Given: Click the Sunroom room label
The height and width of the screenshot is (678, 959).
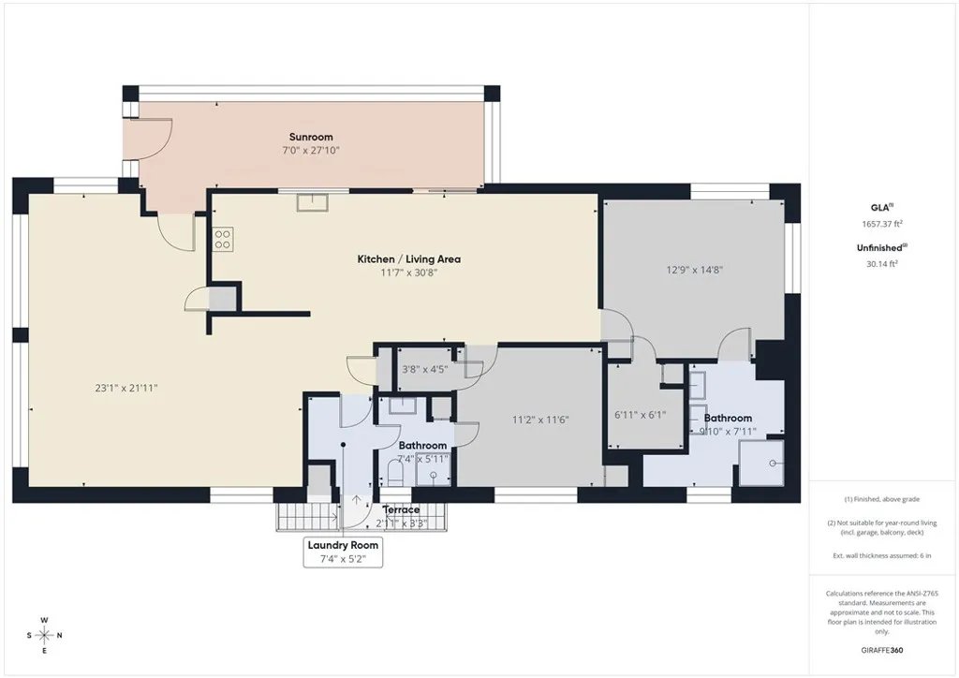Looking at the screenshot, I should (310, 137).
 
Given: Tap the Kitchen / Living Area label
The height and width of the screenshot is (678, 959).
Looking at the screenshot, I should (408, 259).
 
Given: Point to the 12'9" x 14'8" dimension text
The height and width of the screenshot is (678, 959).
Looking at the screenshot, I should (694, 270).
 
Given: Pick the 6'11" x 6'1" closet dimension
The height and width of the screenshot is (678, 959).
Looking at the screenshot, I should (640, 414).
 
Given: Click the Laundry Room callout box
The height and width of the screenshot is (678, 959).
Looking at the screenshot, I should (343, 553).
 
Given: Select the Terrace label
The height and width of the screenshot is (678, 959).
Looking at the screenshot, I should (401, 510).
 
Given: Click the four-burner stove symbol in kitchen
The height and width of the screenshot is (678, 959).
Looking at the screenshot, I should (223, 239).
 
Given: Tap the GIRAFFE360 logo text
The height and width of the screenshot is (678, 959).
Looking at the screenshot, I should (883, 649).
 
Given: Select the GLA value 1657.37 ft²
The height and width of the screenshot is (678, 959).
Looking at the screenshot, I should (882, 224).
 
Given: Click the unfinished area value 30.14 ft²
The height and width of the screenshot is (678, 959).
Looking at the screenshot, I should (882, 264).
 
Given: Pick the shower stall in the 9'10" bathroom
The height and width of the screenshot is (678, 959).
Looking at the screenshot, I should (761, 463).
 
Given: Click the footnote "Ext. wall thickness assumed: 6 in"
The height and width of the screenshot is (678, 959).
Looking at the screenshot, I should (882, 556).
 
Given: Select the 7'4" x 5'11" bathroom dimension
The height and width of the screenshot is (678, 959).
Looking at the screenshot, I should (422, 459).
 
